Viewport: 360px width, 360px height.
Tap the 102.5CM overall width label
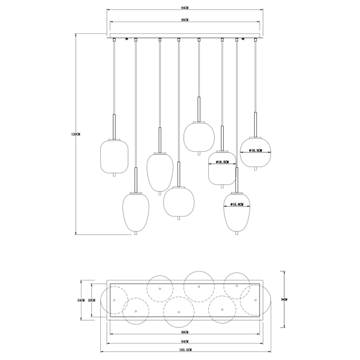[184, 350]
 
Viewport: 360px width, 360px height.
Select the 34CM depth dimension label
[285, 299]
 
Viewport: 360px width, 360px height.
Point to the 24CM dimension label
[81, 300]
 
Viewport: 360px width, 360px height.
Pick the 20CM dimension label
[92, 300]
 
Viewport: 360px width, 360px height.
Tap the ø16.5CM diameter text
[222, 163]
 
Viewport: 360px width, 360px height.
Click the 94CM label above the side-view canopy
[184, 9]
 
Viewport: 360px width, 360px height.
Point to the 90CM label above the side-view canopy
[184, 19]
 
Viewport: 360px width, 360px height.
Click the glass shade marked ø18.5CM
[255, 152]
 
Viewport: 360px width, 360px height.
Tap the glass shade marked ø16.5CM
[222, 168]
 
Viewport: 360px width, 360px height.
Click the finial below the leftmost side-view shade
[114, 176]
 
